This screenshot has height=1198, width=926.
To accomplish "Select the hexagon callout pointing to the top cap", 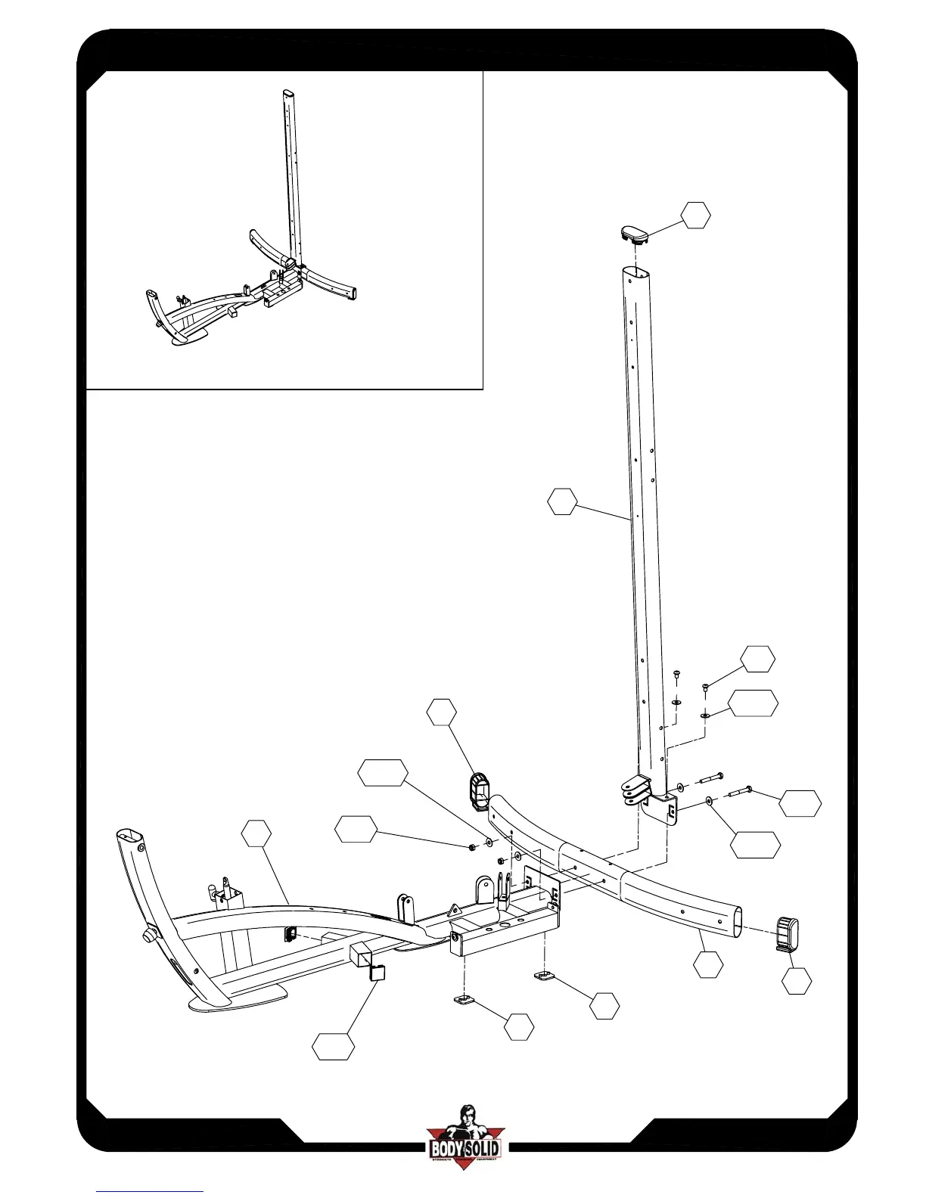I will tap(695, 216).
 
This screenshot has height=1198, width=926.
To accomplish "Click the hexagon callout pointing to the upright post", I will tap(562, 502).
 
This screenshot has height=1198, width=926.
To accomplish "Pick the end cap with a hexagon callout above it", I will tap(479, 791).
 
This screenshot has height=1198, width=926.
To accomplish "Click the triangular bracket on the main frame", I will tap(455, 910).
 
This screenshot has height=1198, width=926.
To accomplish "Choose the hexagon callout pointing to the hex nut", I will tap(356, 830).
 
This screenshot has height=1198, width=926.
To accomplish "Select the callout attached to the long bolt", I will tap(800, 803).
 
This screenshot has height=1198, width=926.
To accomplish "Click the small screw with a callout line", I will tap(705, 687).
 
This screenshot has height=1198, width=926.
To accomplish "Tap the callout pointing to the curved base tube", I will tap(708, 965).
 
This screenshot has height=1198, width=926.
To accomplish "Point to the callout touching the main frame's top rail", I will tap(256, 833).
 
